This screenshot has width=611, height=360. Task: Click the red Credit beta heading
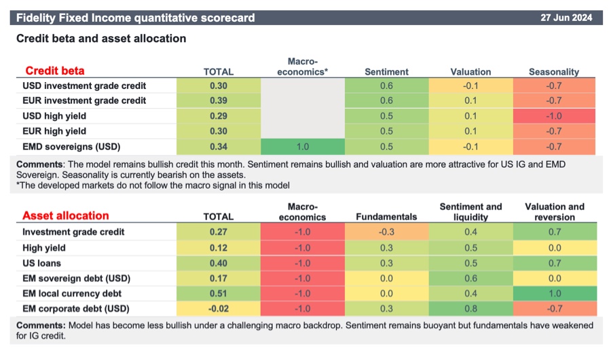(55, 71)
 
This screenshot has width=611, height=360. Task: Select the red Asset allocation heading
(66, 215)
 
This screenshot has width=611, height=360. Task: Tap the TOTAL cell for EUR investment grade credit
(219, 101)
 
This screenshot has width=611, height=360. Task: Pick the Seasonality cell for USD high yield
(555, 116)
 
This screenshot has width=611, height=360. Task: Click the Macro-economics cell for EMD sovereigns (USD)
(303, 146)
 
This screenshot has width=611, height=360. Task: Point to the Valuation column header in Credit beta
(470, 71)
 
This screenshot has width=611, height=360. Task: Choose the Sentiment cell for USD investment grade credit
(386, 86)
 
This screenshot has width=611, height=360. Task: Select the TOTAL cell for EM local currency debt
(219, 293)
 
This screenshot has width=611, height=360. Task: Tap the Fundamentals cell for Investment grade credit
(386, 232)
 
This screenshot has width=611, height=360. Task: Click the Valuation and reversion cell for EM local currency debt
(555, 293)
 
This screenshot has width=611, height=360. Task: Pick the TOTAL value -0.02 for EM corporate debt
(219, 308)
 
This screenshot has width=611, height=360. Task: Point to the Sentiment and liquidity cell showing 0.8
(470, 308)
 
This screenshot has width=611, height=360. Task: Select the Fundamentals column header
(386, 217)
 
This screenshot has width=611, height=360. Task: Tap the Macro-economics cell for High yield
(303, 247)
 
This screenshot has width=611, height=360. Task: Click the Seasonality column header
(555, 71)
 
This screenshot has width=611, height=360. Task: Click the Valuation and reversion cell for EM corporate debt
(555, 308)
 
